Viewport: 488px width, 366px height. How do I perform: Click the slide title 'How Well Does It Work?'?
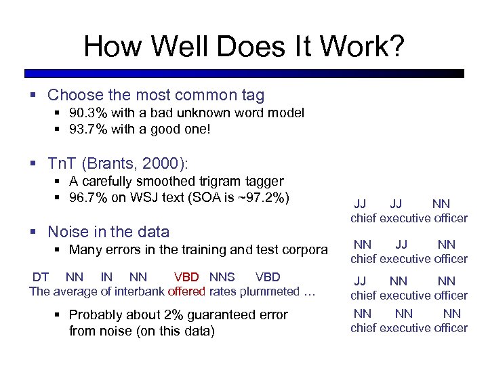[244, 47]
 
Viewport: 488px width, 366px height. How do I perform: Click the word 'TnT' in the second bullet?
[64, 163]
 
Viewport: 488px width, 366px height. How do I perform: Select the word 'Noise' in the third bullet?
[68, 232]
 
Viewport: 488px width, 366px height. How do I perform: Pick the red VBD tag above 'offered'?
[186, 277]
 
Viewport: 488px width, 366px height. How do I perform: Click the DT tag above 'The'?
[41, 277]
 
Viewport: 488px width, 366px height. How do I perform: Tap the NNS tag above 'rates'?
[222, 277]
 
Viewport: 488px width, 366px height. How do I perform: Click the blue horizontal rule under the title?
[244, 73]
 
